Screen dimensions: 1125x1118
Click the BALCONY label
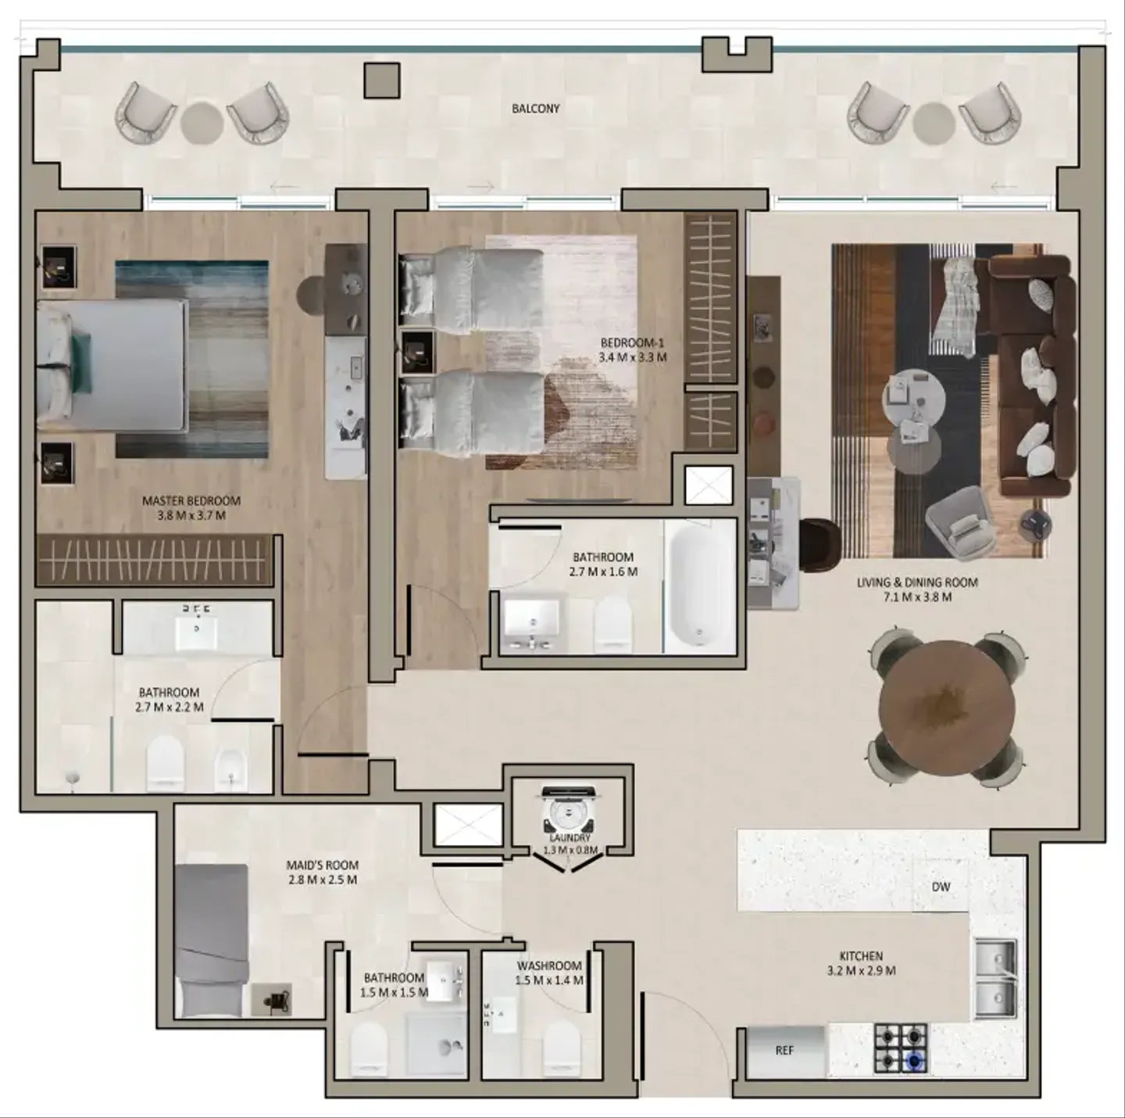tap(535, 109)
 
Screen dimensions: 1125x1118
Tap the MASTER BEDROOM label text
tap(191, 501)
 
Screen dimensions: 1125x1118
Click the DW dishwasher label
tap(941, 887)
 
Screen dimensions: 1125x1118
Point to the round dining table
tap(946, 708)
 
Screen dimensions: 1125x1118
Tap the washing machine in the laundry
tap(567, 810)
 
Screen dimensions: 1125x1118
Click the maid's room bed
tap(212, 941)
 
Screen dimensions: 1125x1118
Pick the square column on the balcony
tap(382, 81)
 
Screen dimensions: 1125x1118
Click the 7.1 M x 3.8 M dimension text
tap(916, 597)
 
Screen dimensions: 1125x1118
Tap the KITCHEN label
tap(861, 956)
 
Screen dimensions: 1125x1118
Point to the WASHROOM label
tap(549, 966)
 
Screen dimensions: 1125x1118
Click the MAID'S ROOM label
tap(322, 865)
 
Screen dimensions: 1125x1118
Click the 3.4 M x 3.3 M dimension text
tap(633, 357)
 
